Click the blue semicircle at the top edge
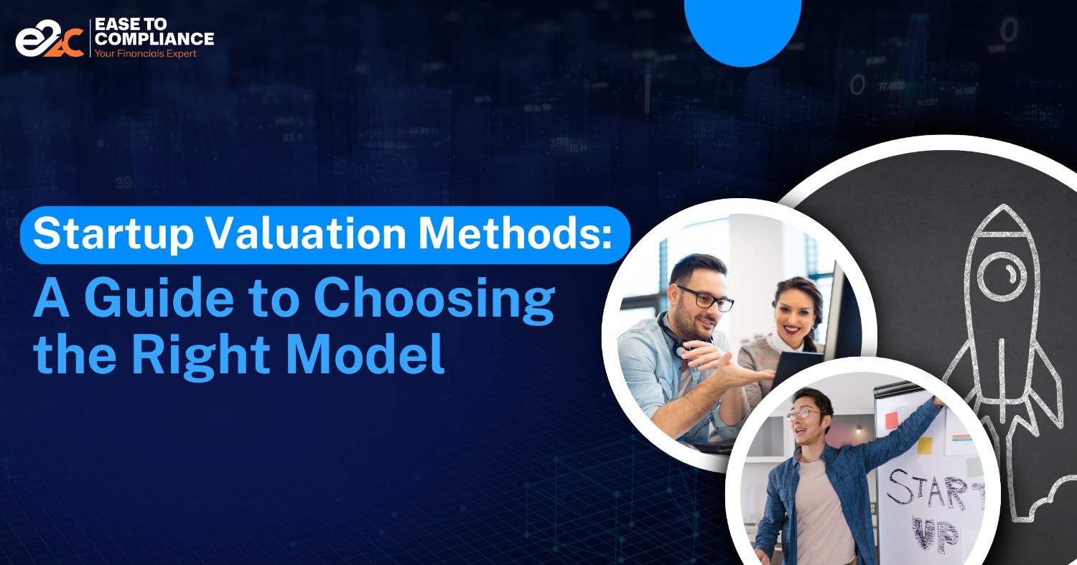coord(742,29)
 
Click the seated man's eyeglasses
coord(705,299)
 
